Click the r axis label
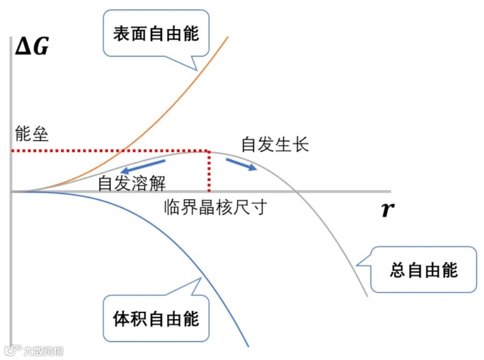387,210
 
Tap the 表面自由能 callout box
156,33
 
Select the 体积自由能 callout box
156,319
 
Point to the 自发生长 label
275,144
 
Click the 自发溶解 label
132,183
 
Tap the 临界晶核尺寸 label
215,207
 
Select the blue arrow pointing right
241,164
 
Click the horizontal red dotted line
108,151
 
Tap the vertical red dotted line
209,172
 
